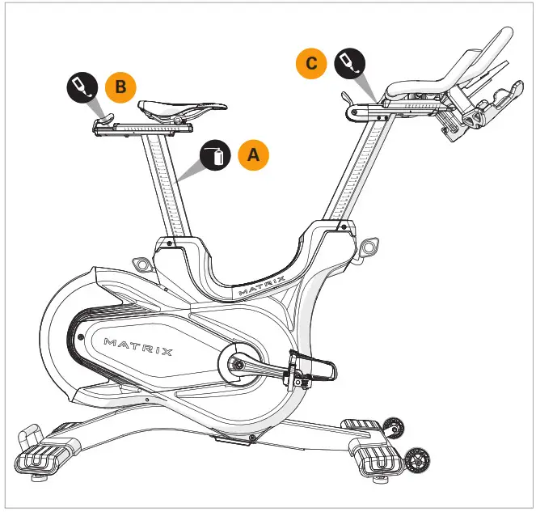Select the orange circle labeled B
(120, 87)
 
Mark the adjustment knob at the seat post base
(141, 264)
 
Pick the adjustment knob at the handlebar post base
(370, 244)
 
